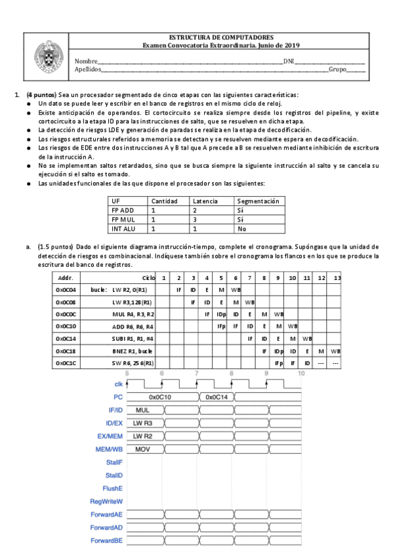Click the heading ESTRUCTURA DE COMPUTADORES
coord(221,37)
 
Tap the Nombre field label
coord(87,60)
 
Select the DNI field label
coord(288,60)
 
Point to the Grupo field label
coord(337,68)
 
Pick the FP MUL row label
coord(123,219)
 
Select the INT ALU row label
coord(123,228)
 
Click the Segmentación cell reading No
coord(242,228)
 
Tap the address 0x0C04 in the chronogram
coord(66,289)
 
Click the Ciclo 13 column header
coord(337,277)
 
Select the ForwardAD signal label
coord(106,527)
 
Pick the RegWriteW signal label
coord(107,501)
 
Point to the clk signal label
coord(118,384)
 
